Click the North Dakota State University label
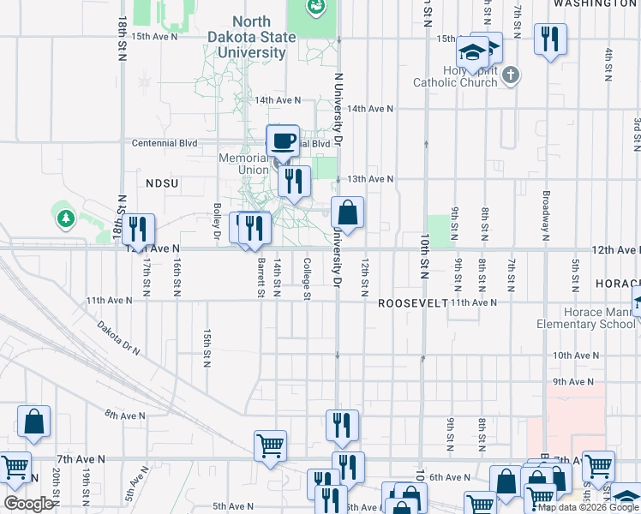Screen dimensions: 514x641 click(x=251, y=37)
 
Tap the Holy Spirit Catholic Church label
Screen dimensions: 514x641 click(x=455, y=76)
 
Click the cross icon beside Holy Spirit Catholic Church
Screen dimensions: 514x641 click(x=510, y=75)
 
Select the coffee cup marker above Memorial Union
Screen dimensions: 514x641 click(x=283, y=141)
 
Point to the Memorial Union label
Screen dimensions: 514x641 click(x=243, y=164)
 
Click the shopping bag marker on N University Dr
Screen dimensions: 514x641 click(x=348, y=212)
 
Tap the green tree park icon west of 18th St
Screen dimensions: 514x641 click(x=65, y=218)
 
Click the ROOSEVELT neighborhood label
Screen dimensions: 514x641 click(x=413, y=303)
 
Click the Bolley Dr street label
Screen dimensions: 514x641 click(x=218, y=219)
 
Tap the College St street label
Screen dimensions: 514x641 click(x=306, y=278)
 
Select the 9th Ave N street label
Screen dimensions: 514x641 click(x=572, y=381)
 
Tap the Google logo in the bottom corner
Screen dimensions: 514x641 click(x=27, y=504)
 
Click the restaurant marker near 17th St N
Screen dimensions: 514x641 click(x=137, y=229)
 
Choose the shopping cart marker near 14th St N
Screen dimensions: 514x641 click(x=270, y=445)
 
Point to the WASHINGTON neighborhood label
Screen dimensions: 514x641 click(x=595, y=4)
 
